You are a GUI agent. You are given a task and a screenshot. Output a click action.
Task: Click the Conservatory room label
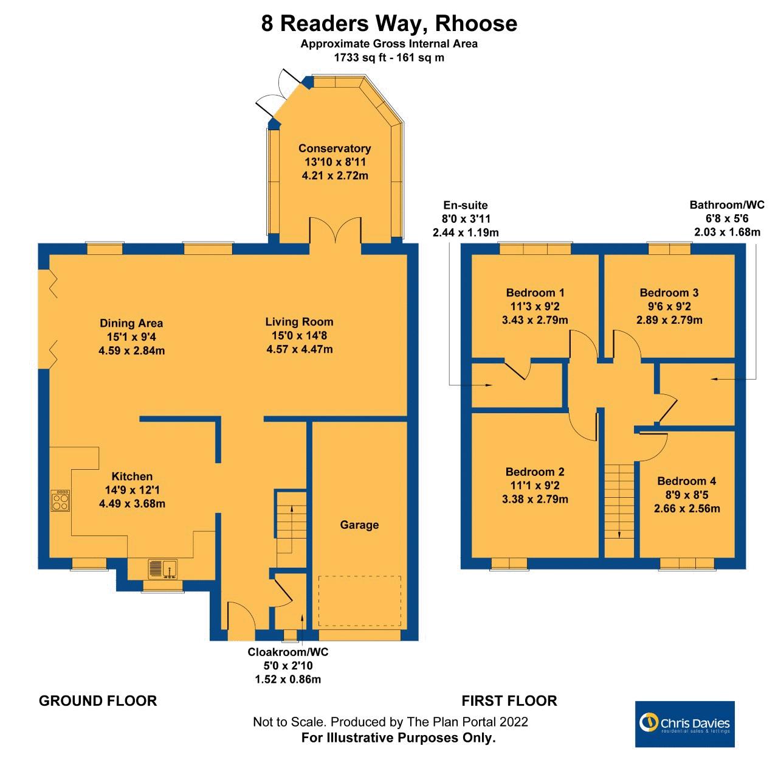click(x=334, y=148)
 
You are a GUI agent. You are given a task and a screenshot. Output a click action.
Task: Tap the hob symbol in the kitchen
click(x=60, y=501)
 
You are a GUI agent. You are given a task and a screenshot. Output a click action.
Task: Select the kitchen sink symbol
click(x=162, y=568)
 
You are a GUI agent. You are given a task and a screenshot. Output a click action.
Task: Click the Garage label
click(x=359, y=525)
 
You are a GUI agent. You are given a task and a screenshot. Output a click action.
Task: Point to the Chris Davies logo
click(x=684, y=724)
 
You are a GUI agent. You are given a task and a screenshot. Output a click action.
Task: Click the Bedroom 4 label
click(x=686, y=481)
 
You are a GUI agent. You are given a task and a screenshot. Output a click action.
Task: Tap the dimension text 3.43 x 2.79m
click(x=535, y=320)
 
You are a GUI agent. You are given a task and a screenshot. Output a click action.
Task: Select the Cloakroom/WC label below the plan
click(x=287, y=652)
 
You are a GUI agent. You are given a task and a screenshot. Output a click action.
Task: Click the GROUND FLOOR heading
click(x=98, y=701)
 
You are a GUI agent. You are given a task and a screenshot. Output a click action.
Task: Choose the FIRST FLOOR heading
click(x=509, y=701)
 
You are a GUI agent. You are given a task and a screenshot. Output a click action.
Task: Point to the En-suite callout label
click(x=466, y=205)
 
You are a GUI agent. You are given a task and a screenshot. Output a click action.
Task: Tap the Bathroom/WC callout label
click(x=726, y=205)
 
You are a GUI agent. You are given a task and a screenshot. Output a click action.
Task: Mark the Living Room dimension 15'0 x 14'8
click(x=299, y=335)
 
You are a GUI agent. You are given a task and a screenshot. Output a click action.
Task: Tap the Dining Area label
click(x=131, y=324)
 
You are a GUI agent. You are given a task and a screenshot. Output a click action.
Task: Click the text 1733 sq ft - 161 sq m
click(x=389, y=58)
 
